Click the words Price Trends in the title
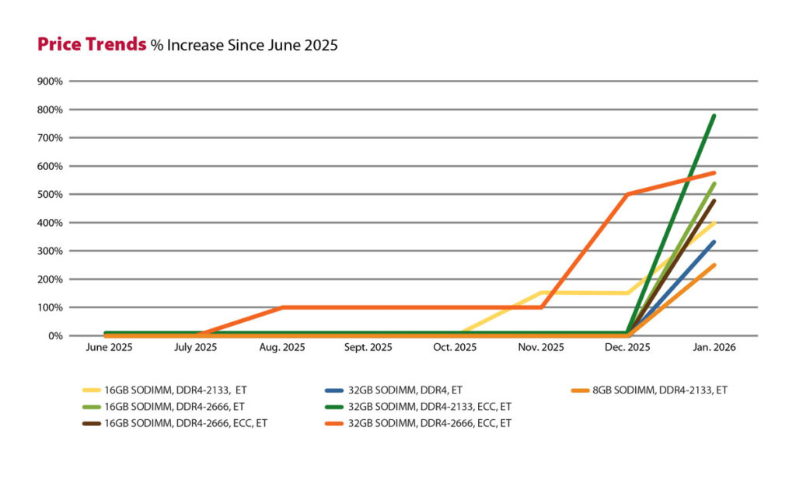pos(92,45)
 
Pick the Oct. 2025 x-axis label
pos(454,348)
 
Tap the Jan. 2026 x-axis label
pos(713,348)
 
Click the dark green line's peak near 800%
pos(714,116)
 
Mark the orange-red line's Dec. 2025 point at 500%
pos(627,194)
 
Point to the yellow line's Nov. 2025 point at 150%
pos(541,293)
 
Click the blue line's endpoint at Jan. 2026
pos(714,241)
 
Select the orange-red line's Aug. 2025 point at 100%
pos(282,307)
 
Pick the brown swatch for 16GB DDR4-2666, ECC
pos(92,422)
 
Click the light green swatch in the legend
pos(92,406)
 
